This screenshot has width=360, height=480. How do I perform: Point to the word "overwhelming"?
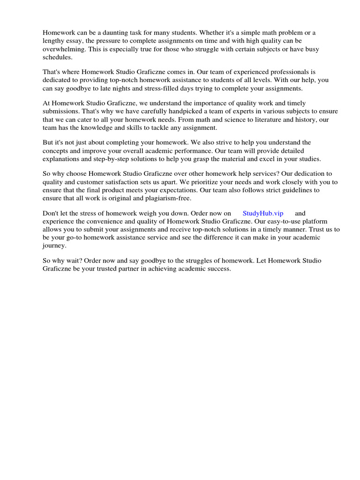[x=63, y=49]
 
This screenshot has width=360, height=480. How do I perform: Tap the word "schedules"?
[x=58, y=57]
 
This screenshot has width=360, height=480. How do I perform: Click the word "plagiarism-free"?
[x=166, y=198]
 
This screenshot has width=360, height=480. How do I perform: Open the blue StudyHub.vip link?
[x=263, y=213]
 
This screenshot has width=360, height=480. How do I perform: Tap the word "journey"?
[x=54, y=245]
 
